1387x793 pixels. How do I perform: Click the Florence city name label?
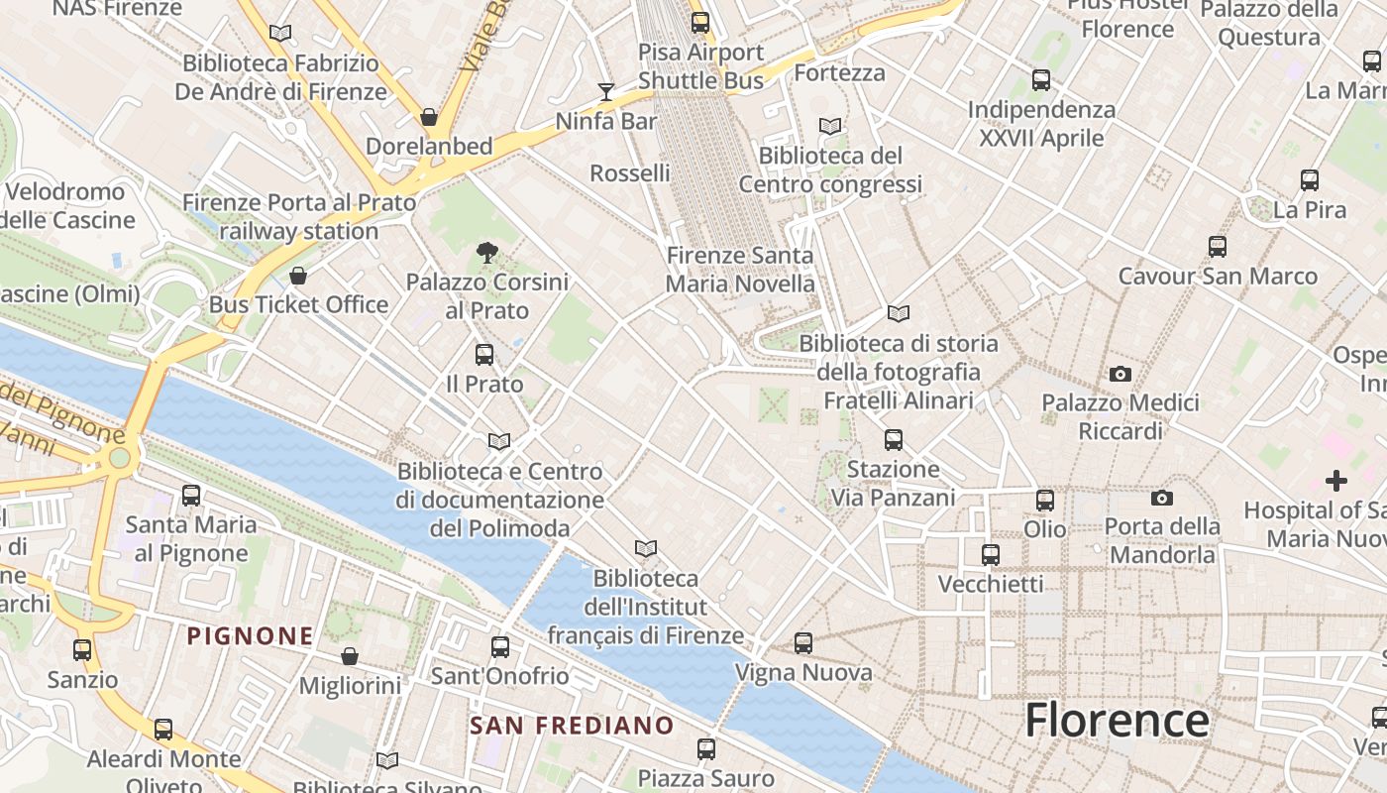tap(1117, 721)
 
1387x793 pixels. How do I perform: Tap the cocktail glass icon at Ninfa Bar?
tap(606, 92)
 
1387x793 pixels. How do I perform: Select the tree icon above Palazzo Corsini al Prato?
tap(486, 253)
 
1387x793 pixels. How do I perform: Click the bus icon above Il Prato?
tap(484, 354)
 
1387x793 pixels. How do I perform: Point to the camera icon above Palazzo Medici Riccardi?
tap(1120, 374)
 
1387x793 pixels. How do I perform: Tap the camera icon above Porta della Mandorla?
tap(1162, 498)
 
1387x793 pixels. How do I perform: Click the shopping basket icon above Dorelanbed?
tap(429, 117)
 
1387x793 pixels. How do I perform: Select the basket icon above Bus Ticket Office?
tap(298, 276)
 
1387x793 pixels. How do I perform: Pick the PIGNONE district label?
tap(251, 635)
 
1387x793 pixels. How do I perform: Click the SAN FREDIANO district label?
tap(572, 726)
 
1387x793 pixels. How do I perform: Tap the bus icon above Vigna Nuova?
tap(803, 643)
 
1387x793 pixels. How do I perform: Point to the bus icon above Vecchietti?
tap(990, 555)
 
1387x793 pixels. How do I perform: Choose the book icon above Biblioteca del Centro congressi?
tap(830, 127)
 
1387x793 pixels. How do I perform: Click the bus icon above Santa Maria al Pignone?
tap(191, 495)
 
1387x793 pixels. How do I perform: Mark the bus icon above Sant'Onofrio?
tap(500, 647)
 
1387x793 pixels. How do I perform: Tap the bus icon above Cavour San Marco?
tap(1218, 247)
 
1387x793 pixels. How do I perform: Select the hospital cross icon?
tap(1336, 482)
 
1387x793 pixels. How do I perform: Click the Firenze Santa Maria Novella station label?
tap(740, 270)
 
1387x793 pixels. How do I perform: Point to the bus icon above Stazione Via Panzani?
tap(894, 439)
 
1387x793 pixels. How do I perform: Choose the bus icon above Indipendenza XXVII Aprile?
tap(1041, 80)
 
